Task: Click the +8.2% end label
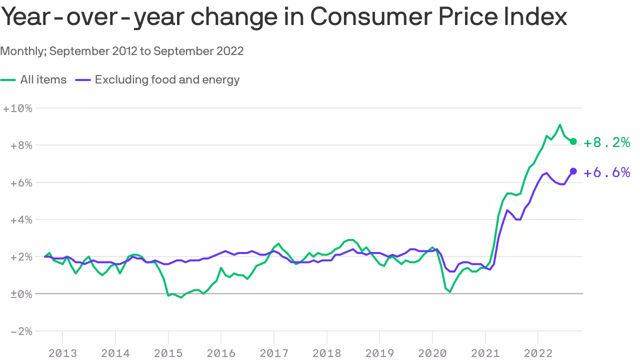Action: pos(607,142)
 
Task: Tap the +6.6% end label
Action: pos(607,172)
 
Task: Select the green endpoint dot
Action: pos(573,141)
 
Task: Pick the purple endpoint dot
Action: pos(573,171)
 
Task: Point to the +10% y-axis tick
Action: pos(17,108)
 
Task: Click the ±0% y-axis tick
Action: pos(18,294)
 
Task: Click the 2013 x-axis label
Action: pos(62,353)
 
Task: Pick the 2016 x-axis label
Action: pos(221,353)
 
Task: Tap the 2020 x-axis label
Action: pos(432,353)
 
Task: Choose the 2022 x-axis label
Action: pos(537,353)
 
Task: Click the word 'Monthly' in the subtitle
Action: pos(23,51)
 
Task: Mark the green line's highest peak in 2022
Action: pos(560,124)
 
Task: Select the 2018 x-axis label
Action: pos(326,353)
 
